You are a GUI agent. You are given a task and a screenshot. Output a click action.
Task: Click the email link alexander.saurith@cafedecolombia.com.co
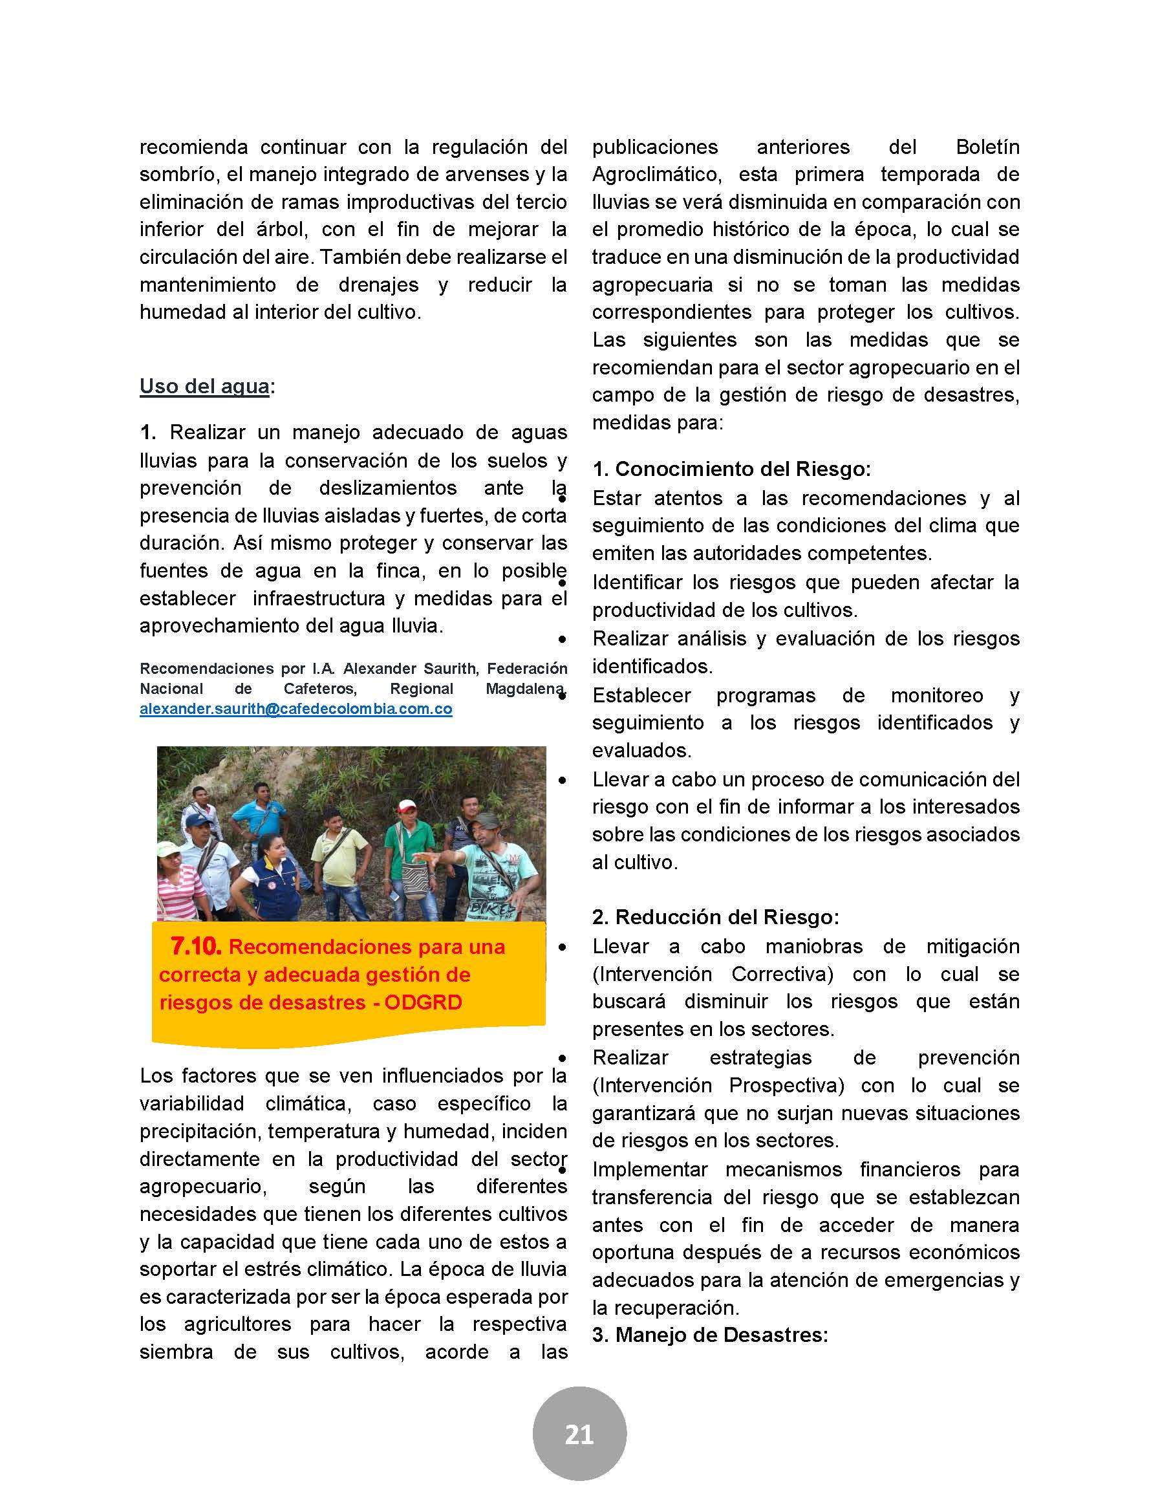tap(295, 709)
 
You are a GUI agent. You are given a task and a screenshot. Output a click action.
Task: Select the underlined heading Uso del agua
tap(204, 386)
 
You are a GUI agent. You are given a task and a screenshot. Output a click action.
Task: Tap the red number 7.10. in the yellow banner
tap(196, 946)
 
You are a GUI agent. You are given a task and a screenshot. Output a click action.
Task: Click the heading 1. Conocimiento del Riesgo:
tap(731, 469)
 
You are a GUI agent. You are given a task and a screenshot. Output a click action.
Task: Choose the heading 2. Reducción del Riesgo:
tap(715, 917)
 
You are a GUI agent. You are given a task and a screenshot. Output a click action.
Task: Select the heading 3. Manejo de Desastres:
tap(710, 1335)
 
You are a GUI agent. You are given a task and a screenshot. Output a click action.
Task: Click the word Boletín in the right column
tap(987, 147)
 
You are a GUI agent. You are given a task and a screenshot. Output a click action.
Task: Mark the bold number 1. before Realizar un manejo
tap(148, 432)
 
